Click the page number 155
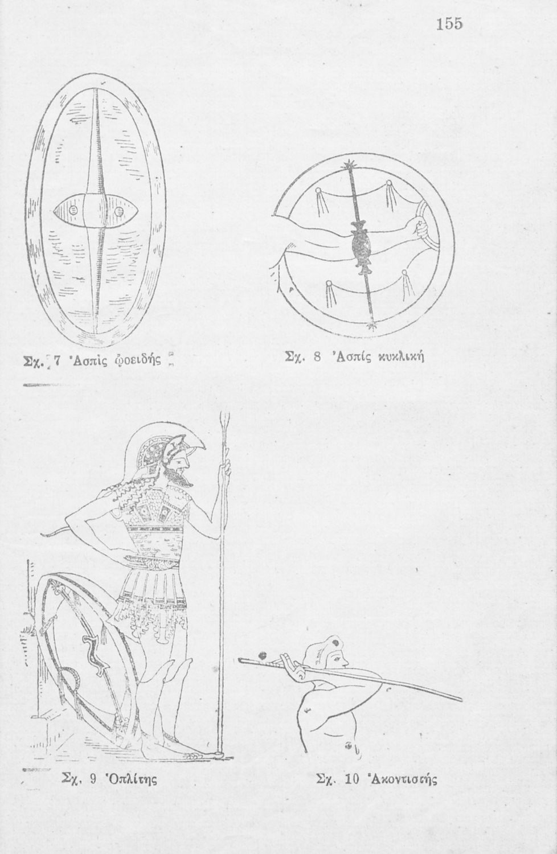coord(449,24)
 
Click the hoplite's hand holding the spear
coord(227,469)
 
